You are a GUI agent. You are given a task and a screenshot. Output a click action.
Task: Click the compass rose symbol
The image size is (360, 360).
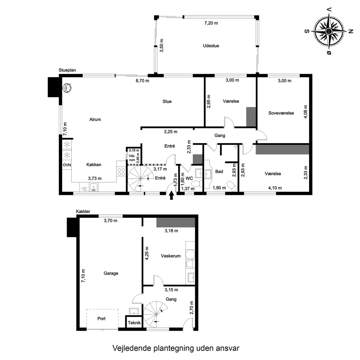(329, 31)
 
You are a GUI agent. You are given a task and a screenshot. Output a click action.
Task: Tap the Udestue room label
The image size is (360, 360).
(211, 46)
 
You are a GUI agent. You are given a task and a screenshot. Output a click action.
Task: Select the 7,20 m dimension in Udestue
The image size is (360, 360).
(211, 23)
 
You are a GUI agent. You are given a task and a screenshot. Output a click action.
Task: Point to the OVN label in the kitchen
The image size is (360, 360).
(67, 165)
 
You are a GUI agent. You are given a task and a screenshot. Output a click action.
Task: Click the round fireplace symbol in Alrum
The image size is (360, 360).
(67, 87)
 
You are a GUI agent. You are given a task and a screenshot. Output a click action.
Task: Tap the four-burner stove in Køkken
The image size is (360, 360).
(121, 172)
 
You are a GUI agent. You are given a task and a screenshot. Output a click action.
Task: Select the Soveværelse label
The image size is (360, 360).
(281, 113)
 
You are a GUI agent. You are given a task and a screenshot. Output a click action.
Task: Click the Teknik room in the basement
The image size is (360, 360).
(134, 322)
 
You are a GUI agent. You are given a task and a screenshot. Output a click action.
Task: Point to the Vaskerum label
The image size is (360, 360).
(170, 256)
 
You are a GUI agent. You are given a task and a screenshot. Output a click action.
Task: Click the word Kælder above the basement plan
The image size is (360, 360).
(83, 211)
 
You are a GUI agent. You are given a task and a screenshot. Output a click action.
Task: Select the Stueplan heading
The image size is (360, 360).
(67, 70)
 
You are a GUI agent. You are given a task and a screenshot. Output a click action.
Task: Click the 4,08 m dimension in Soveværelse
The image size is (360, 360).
(305, 112)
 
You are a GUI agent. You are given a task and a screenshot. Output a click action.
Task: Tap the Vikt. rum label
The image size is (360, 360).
(132, 158)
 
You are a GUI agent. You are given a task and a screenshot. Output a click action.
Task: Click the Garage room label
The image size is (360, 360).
(111, 273)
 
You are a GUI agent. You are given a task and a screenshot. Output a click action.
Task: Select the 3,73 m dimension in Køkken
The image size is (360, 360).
(95, 178)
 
